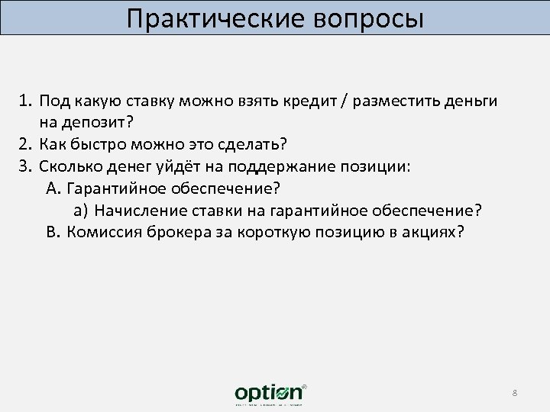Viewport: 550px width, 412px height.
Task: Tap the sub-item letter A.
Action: (x=53, y=188)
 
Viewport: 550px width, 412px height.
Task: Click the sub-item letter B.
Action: (x=53, y=232)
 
